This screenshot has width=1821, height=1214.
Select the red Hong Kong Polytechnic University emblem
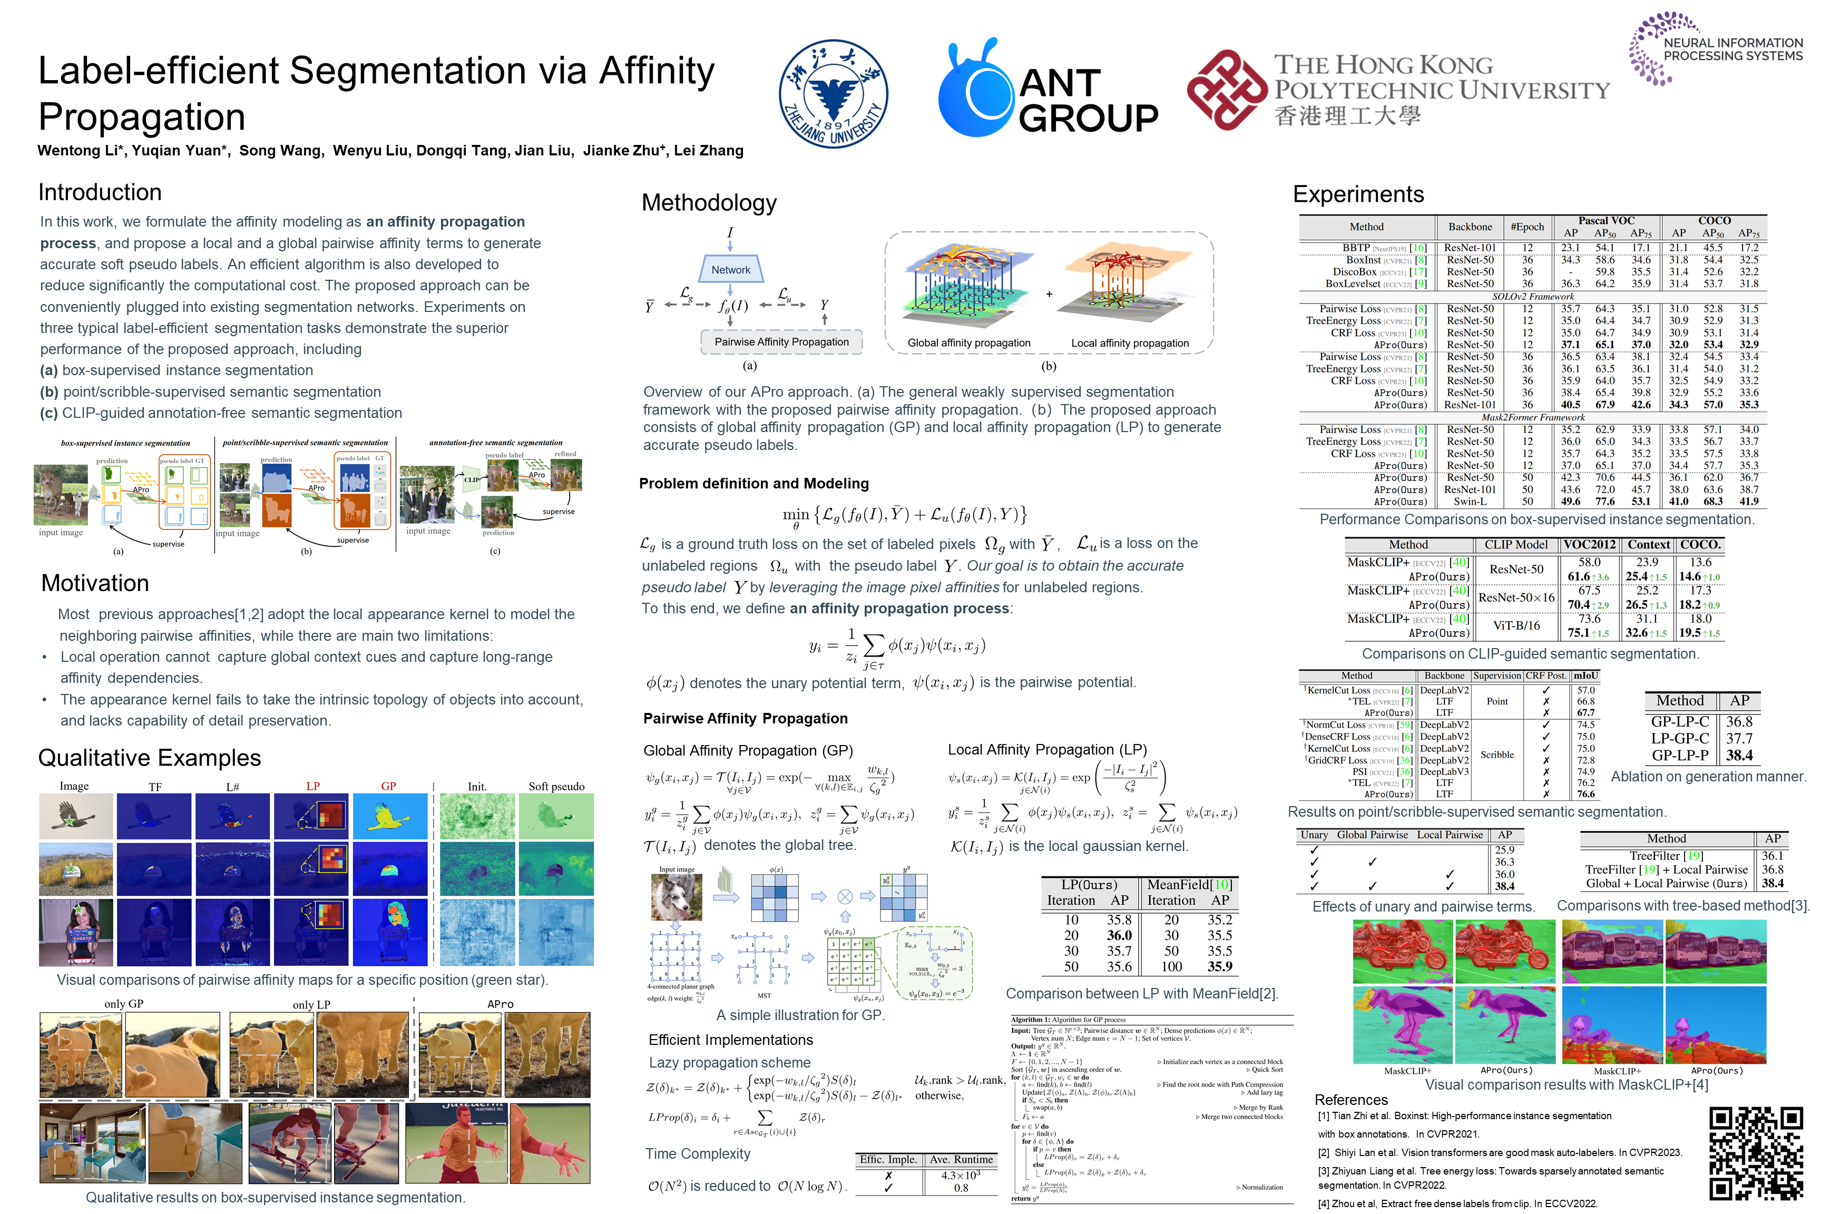(1227, 89)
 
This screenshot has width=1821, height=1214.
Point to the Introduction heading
(100, 192)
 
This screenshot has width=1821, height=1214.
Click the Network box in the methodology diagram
(730, 269)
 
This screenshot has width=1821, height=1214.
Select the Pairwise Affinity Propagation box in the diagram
(781, 341)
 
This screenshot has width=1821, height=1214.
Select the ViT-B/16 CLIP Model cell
(1516, 625)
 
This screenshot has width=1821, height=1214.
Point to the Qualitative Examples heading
(150, 758)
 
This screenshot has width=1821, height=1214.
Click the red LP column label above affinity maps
(313, 786)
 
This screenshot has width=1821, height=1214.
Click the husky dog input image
(677, 897)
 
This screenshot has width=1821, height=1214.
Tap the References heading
(1351, 1100)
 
